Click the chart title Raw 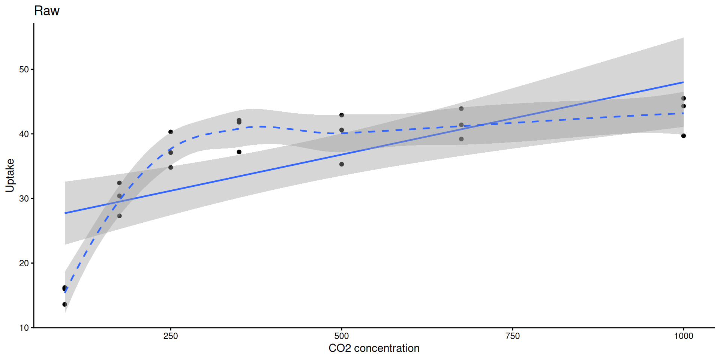coord(47,11)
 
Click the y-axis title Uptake coord(10,175)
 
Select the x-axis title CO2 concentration coord(374,348)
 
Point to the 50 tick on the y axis coord(24,69)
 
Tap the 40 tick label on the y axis coord(24,134)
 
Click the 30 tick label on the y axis coord(24,199)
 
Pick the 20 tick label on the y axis coord(24,263)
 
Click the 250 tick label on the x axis coord(171,336)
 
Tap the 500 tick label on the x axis coord(342,336)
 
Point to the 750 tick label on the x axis coord(513,336)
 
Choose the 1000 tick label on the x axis coord(684,336)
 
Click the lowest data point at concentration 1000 coord(684,136)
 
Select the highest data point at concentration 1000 coord(684,98)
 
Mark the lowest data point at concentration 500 coord(342,164)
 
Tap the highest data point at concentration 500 coord(342,115)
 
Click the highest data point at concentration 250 coord(171,132)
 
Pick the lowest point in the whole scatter coord(65,304)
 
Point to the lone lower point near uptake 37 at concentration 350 coord(239,152)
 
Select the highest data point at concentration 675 coord(461,109)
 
